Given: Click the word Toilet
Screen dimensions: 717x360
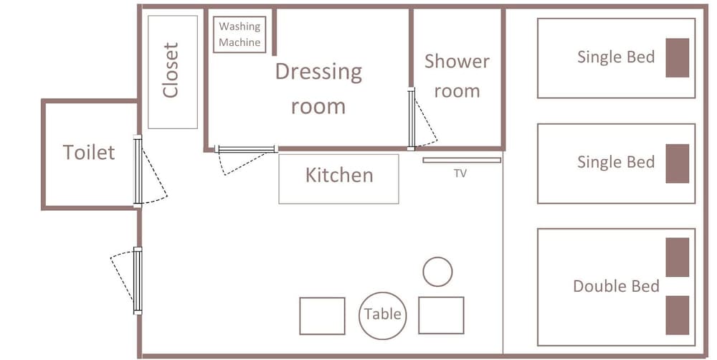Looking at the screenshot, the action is [89, 152].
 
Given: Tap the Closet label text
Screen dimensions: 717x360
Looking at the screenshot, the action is [171, 70].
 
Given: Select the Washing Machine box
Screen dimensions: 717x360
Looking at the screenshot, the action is [239, 34].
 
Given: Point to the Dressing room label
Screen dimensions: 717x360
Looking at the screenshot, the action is [318, 89].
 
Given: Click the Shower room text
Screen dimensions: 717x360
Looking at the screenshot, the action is [457, 77].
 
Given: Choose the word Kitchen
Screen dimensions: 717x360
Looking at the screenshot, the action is [339, 175].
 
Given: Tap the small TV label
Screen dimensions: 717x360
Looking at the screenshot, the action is [460, 174].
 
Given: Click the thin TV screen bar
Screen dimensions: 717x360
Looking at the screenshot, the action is [462, 160].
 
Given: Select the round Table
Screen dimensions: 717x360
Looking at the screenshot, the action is [383, 316].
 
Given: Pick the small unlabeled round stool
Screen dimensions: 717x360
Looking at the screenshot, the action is [437, 272].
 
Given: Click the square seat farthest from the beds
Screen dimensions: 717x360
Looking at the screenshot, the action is [323, 316].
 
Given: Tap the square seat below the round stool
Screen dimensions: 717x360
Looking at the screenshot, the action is [441, 315].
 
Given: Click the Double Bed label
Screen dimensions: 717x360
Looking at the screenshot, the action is [616, 286].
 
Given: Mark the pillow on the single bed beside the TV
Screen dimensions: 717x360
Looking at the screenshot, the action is [678, 164].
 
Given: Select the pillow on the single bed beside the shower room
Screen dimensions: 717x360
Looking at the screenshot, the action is [678, 57].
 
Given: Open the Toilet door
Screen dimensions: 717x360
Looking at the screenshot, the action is [138, 171].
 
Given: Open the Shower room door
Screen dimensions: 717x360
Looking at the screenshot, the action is [412, 118].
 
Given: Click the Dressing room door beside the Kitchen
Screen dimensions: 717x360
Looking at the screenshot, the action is [246, 149].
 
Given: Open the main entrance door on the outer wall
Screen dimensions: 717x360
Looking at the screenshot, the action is [138, 281].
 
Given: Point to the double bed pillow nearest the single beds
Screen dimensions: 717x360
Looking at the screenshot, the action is [678, 257].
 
